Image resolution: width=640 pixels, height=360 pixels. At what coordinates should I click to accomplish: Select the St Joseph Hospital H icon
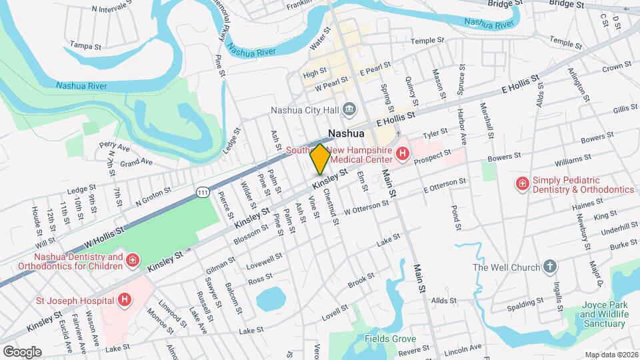click(x=124, y=301)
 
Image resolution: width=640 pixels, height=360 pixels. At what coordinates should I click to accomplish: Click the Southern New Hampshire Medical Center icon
click(x=402, y=155)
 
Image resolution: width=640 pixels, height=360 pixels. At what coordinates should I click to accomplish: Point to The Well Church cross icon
click(x=549, y=267)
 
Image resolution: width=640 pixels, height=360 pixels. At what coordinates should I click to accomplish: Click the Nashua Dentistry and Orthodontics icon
click(x=133, y=261)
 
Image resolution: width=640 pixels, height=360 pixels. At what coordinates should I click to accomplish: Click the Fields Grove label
click(x=391, y=339)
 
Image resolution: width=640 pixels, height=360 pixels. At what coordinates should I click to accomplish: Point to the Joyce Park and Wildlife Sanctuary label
click(x=605, y=318)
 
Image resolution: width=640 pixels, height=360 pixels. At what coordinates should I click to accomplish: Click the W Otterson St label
click(x=365, y=207)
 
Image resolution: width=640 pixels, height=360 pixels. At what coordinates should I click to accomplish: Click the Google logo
click(x=22, y=351)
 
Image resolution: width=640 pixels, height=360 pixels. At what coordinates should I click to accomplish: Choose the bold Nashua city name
click(x=346, y=133)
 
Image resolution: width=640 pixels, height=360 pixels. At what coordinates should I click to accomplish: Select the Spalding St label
click(x=521, y=291)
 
